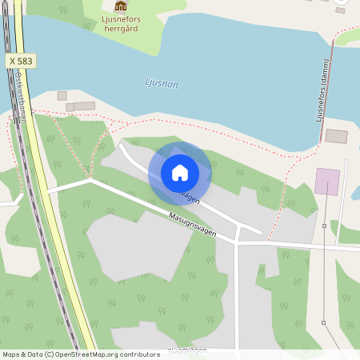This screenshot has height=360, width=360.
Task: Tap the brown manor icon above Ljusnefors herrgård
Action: point(121,6)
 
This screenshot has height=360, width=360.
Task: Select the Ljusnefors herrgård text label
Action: point(121,21)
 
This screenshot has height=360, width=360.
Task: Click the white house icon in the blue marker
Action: point(180,172)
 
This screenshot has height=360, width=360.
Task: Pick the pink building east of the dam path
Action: point(326,181)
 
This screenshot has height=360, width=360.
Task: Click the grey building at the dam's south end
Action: point(336,136)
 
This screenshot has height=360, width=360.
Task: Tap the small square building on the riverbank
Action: point(62,96)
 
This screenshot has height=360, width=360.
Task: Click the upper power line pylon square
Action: point(324,226)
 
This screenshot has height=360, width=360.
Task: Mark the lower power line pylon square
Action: point(323,322)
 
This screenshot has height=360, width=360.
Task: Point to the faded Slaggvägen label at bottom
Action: point(188,350)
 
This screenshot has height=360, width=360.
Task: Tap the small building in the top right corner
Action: point(340,10)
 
